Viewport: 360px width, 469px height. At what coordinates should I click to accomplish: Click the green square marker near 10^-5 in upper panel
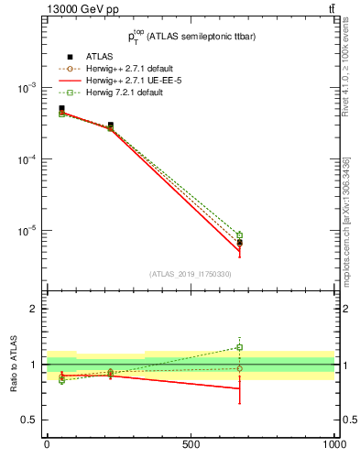pyautogui.click(x=239, y=235)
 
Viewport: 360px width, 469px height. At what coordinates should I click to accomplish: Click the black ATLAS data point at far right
pyautogui.click(x=239, y=243)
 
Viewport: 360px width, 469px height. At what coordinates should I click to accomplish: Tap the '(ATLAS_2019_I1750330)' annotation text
pyautogui.click(x=191, y=274)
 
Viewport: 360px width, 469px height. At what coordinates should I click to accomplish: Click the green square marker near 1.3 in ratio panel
pyautogui.click(x=239, y=347)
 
